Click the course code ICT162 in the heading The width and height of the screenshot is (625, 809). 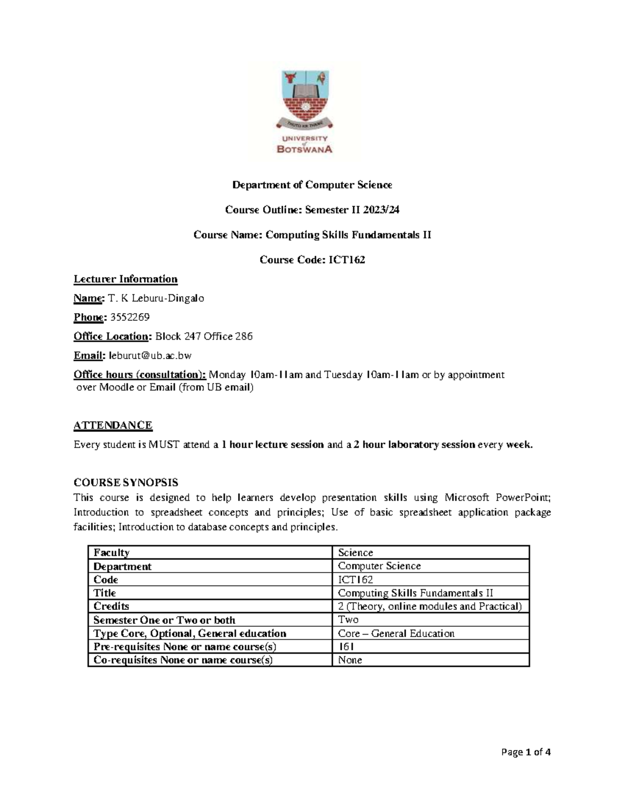(346, 260)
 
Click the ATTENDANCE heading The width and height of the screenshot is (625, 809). (113, 425)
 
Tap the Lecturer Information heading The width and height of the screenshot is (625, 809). (126, 279)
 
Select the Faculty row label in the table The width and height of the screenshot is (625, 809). (111, 553)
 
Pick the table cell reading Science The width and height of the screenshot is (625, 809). (355, 553)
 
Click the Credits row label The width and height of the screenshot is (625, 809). (111, 606)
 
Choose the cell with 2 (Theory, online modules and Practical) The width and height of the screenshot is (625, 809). (430, 606)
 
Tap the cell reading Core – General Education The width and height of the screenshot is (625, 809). (396, 633)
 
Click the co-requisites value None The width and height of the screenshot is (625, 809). (350, 660)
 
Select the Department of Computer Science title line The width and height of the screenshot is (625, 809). (312, 185)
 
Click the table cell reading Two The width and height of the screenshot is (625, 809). (348, 620)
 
